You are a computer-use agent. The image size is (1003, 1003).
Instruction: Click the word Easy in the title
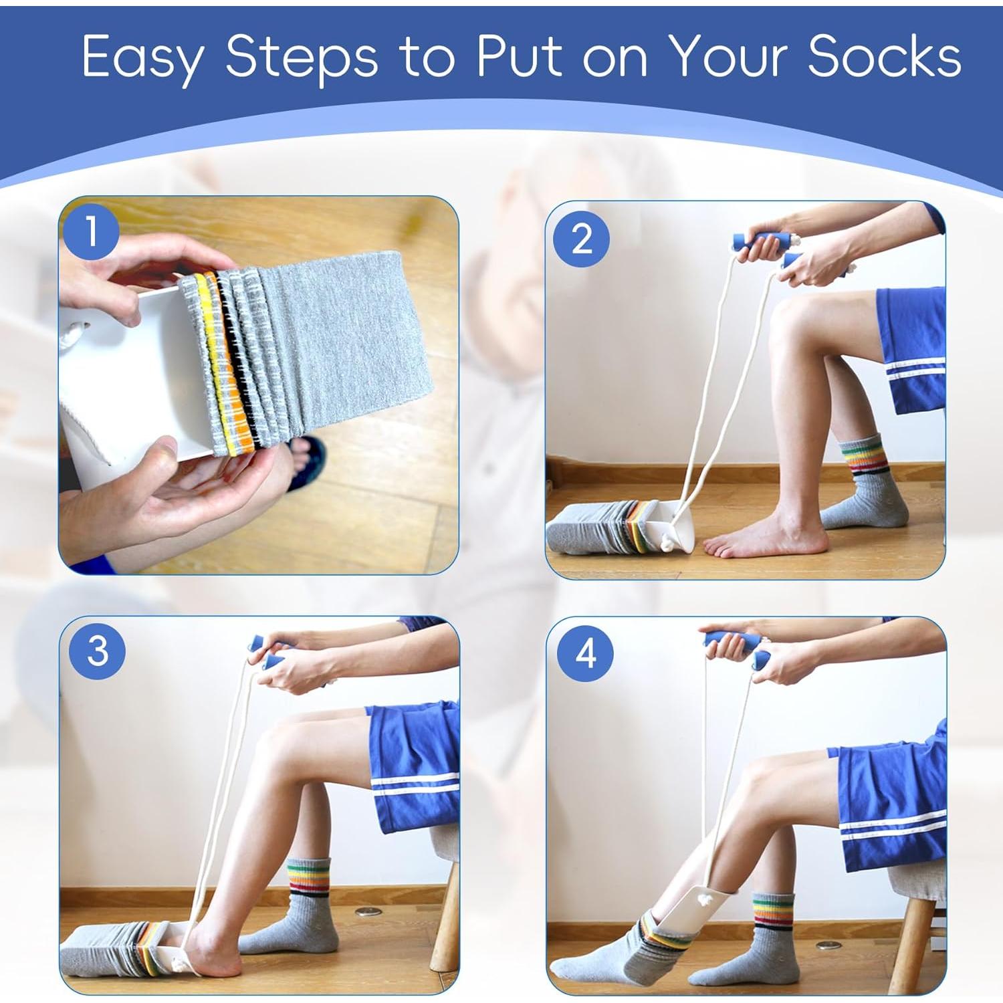point(142,58)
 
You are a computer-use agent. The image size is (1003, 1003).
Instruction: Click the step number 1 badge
point(91,231)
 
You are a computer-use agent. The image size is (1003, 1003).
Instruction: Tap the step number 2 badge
point(581,239)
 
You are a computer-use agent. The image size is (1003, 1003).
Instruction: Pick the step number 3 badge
point(98,651)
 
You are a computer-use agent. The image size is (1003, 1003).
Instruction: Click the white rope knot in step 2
point(667,546)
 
